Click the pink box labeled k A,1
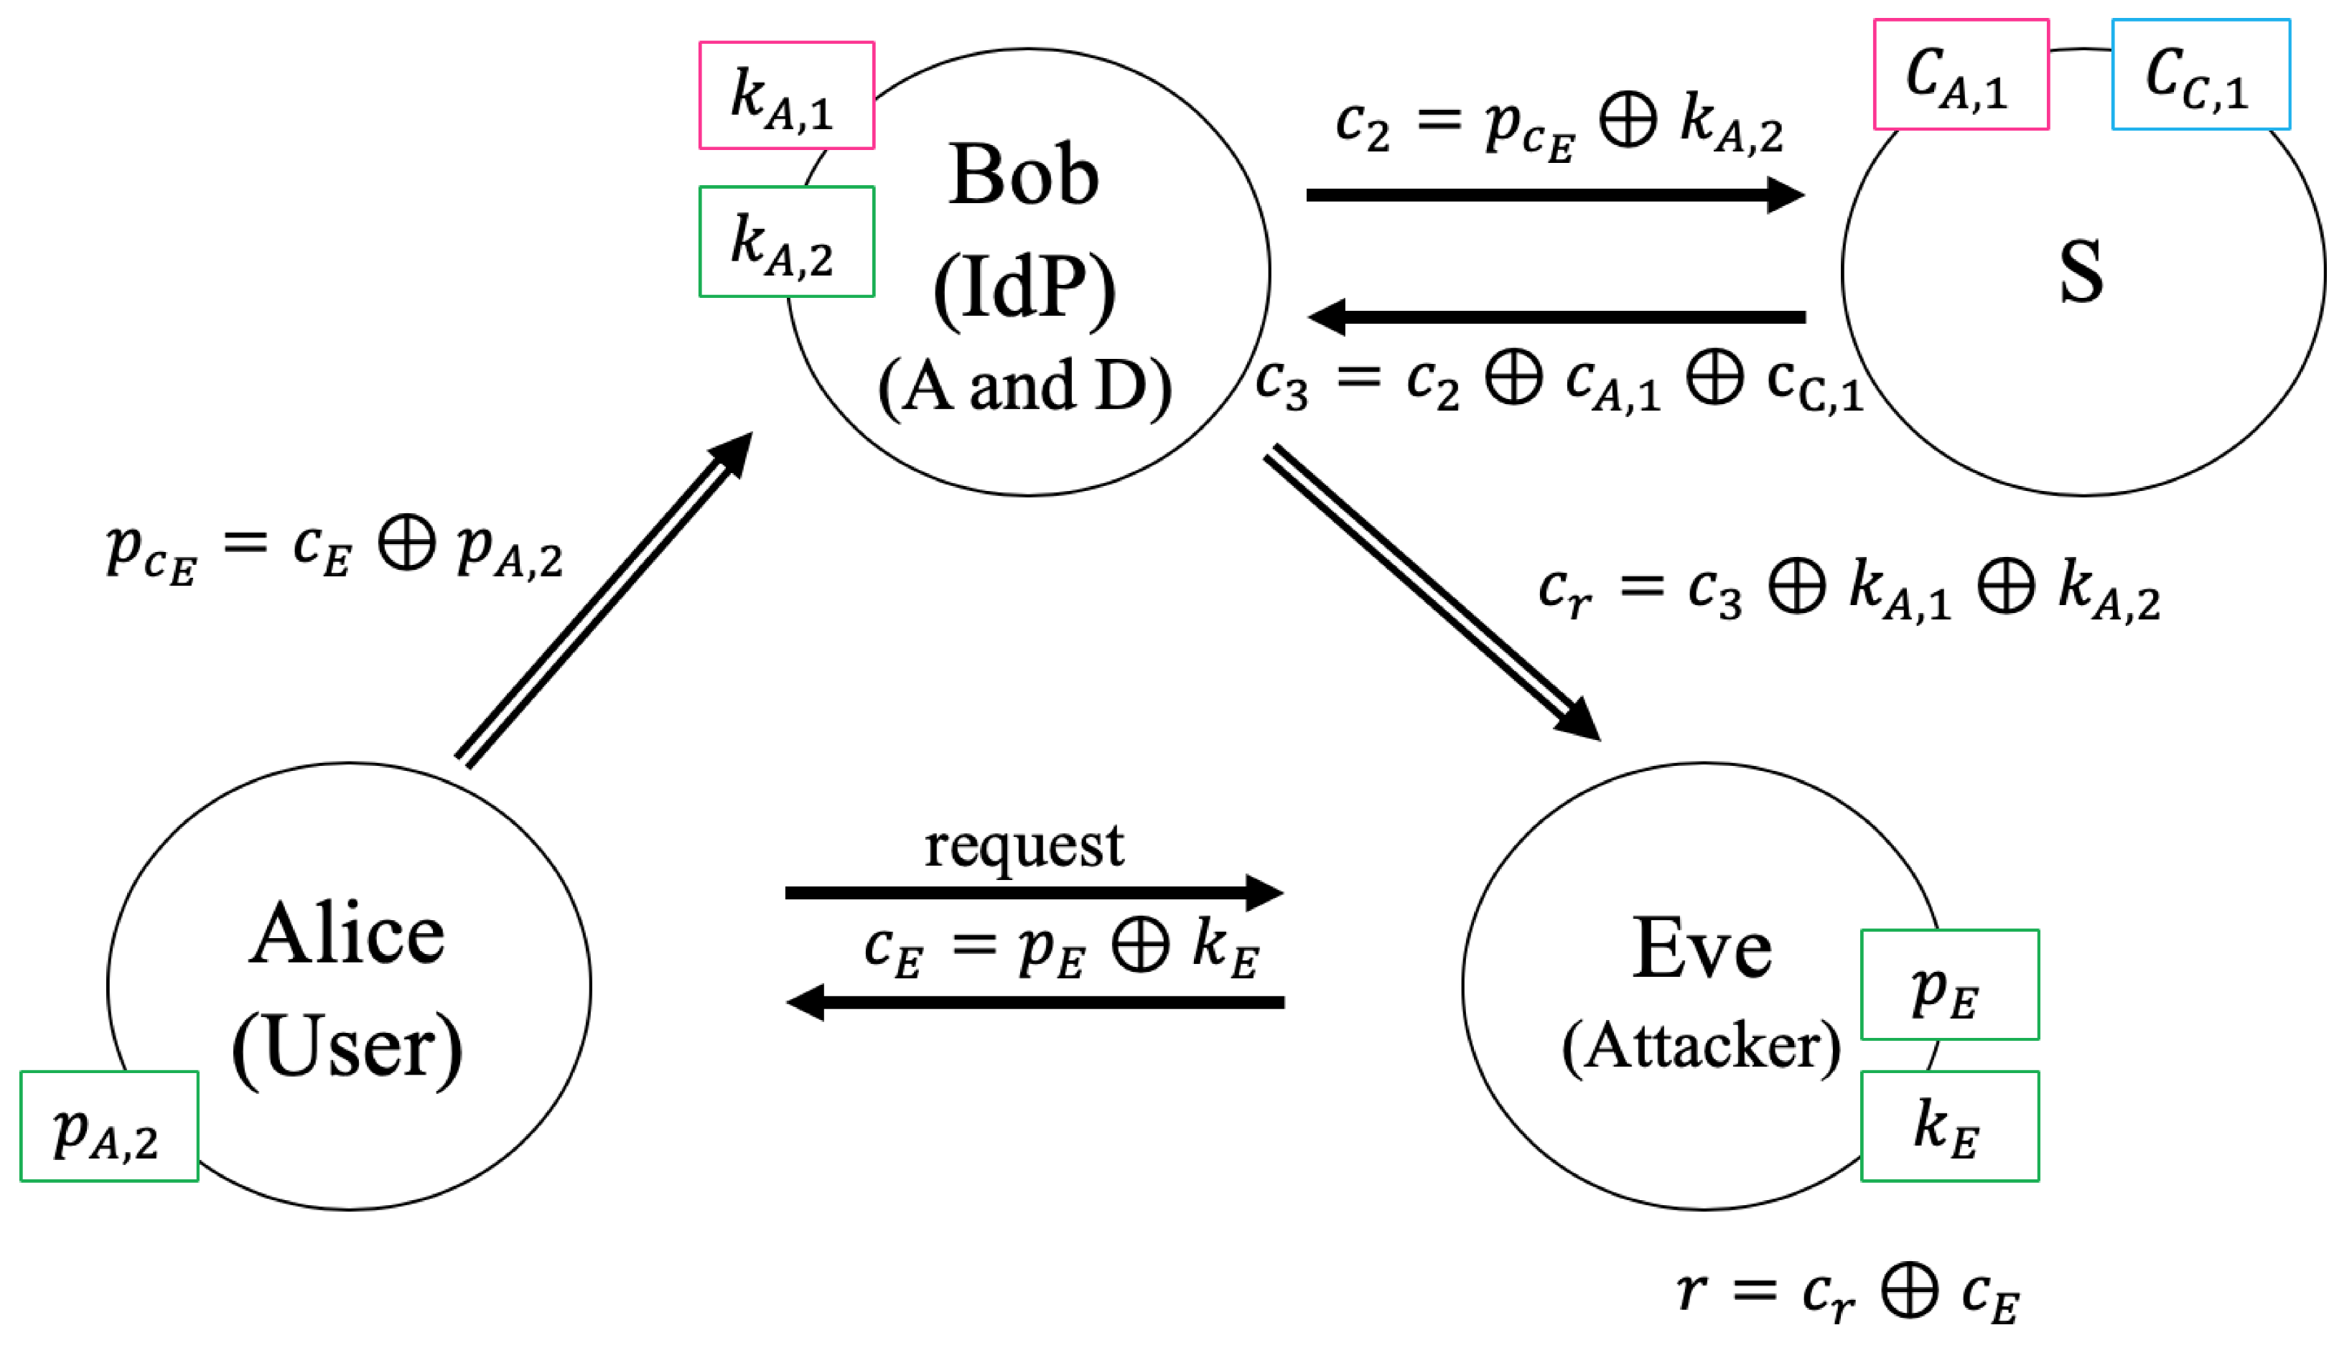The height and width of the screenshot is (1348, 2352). tap(786, 95)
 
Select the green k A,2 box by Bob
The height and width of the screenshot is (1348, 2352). tap(786, 242)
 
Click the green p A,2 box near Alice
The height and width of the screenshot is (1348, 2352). tap(109, 1127)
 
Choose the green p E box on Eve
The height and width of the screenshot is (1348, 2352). tap(1949, 985)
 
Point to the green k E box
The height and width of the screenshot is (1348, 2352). tap(1949, 1127)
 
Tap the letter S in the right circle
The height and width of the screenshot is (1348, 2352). tap(2081, 271)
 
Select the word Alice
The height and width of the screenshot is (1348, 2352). tap(347, 935)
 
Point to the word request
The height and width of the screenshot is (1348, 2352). tap(1024, 846)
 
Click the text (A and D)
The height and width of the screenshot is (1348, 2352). tap(1024, 387)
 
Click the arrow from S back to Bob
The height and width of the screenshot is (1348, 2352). tap(1556, 317)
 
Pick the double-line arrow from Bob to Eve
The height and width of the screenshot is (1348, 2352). tap(1432, 592)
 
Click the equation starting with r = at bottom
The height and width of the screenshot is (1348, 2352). tap(1847, 1291)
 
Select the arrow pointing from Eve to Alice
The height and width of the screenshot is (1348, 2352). tap(1035, 1003)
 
